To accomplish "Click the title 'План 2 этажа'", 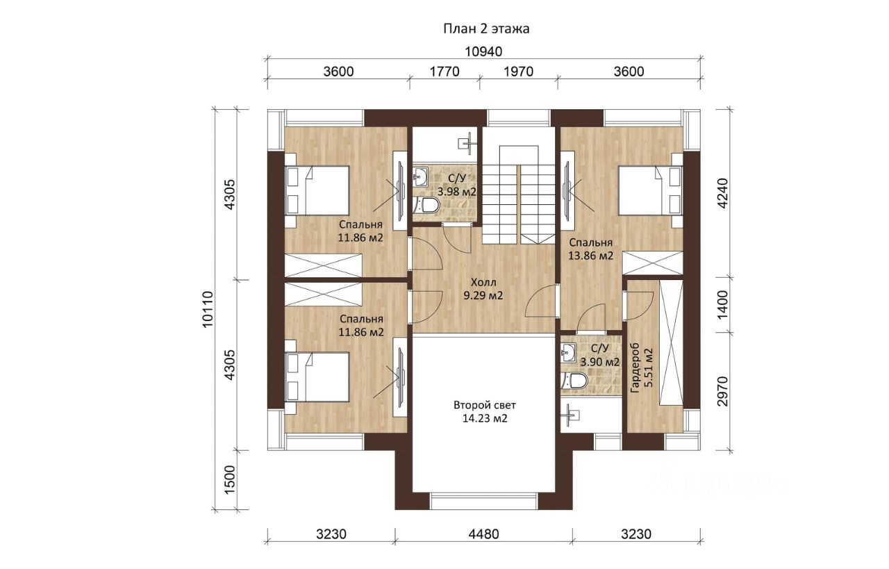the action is tap(486, 29).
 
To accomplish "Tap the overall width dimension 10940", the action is tap(483, 51).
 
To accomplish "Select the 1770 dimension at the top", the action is tap(444, 72).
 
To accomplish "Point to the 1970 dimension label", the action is tap(518, 72).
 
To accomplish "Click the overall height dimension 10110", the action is tap(208, 309).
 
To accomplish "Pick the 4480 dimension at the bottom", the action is tap(483, 534).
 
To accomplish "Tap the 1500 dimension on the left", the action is tap(230, 480).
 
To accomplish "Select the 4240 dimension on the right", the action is tap(723, 193).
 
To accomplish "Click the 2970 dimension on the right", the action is tap(723, 391).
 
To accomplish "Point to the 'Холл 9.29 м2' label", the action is tap(483, 289).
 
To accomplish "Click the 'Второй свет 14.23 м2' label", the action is tap(485, 412).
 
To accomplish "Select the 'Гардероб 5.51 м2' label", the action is tap(642, 368).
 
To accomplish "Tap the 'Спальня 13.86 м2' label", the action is tap(590, 249).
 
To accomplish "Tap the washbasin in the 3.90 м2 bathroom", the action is tap(568, 353).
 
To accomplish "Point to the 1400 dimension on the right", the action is tap(723, 304).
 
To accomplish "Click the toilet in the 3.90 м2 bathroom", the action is tap(574, 381).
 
